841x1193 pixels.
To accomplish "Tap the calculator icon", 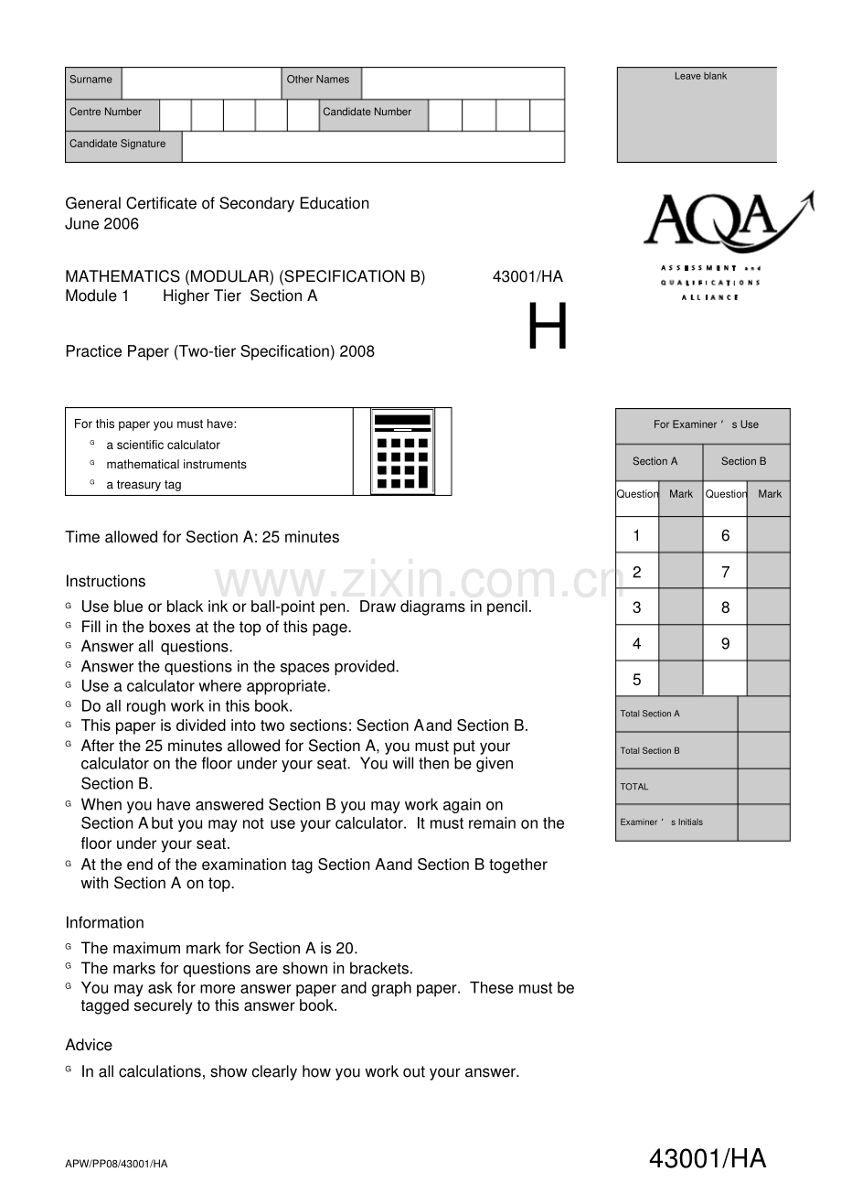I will [402, 452].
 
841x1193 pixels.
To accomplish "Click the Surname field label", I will [91, 80].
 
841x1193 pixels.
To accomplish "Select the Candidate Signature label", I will [118, 144].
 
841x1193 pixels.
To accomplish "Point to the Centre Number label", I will [106, 113].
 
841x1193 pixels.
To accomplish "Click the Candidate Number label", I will [367, 113].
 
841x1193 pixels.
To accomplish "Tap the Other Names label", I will [318, 80].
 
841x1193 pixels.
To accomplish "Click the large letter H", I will [548, 328].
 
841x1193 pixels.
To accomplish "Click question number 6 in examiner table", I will [725, 536].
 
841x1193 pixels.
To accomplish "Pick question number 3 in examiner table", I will [637, 607].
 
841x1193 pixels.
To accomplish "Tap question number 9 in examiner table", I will [725, 644].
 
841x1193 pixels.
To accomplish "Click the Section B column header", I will [743, 462].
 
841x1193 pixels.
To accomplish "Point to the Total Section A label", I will [650, 714].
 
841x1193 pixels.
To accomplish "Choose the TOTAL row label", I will [634, 787].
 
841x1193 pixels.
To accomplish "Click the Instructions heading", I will [105, 582].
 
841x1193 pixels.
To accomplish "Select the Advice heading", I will [89, 1046].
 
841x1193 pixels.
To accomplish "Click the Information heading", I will [104, 923].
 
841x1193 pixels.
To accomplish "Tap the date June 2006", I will [102, 224].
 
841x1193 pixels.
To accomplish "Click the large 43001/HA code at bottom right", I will [708, 1160].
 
